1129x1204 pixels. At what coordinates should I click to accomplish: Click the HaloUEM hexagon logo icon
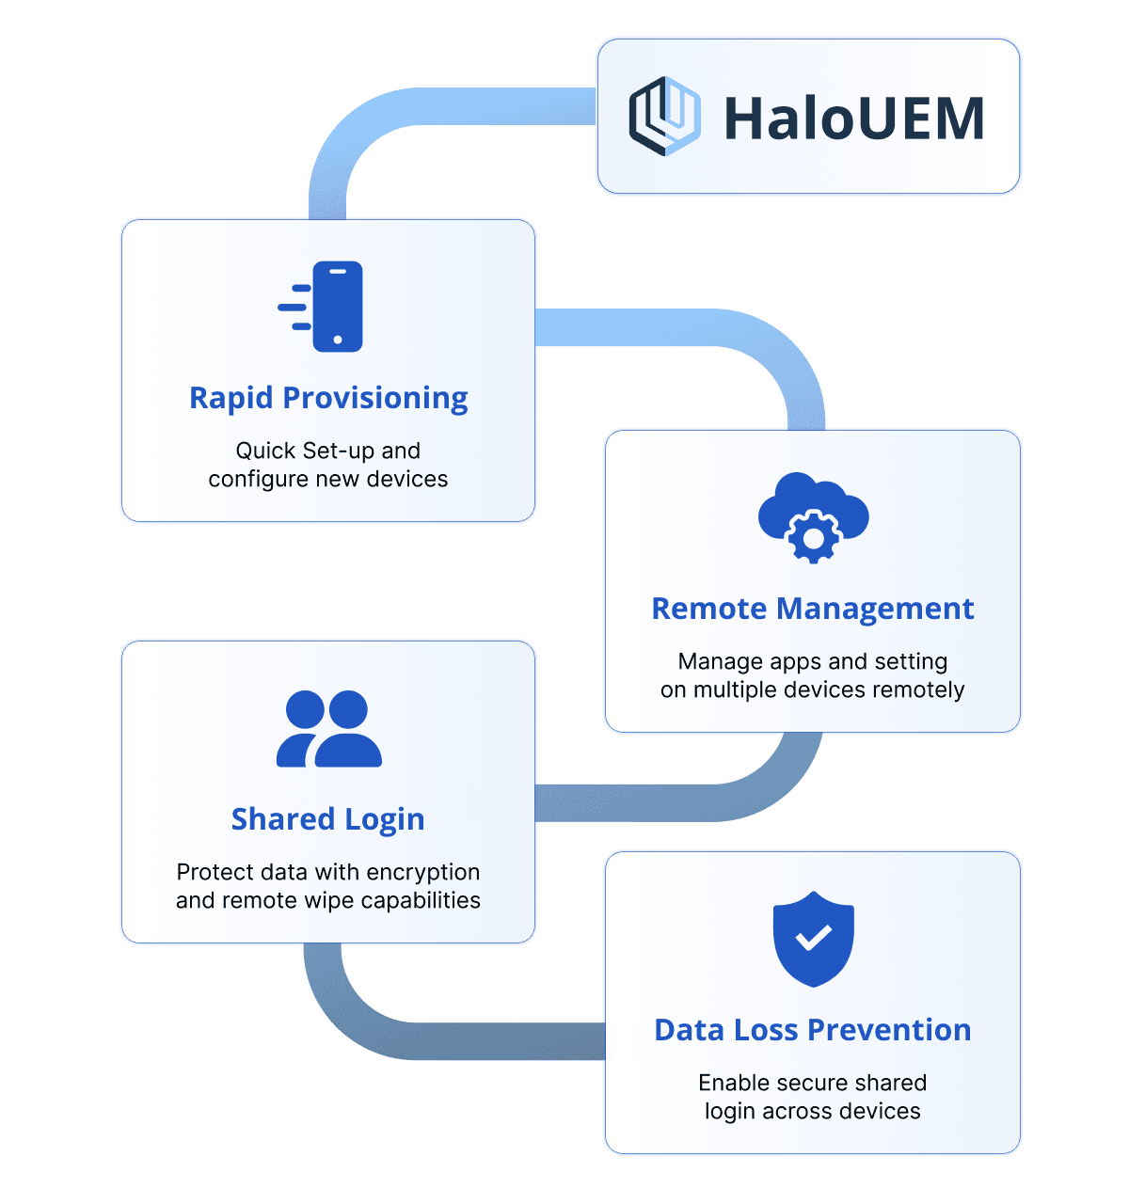[664, 117]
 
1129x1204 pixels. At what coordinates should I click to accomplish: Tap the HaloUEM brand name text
[853, 119]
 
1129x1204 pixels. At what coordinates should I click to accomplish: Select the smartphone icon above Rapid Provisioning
[336, 307]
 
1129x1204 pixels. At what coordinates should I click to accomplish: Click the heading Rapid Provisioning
[328, 398]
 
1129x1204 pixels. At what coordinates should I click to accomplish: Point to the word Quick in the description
[264, 451]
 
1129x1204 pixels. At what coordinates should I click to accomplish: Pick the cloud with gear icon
[813, 516]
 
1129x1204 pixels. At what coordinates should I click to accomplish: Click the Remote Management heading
[813, 609]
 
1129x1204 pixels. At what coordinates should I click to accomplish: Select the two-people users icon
[329, 729]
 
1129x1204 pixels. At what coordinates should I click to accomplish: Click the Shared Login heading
[328, 819]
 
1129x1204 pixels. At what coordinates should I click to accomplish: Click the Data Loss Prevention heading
[813, 1030]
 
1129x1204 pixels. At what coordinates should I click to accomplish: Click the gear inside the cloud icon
[813, 537]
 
